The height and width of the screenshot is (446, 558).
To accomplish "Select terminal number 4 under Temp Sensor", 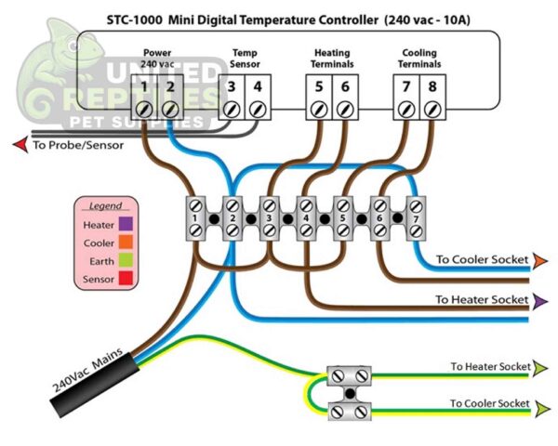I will point(258,88).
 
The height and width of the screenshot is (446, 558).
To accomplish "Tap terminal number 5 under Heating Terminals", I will point(318,88).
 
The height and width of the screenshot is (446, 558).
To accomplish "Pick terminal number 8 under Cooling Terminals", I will point(432,88).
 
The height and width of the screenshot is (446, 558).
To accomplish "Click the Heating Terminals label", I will point(331,59).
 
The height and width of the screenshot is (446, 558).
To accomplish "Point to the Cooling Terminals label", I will point(418,59).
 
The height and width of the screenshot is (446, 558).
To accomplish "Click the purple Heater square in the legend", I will point(125,225).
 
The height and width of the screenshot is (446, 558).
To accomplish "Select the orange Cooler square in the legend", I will point(125,243).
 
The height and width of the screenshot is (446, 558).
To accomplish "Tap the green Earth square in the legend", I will point(125,261).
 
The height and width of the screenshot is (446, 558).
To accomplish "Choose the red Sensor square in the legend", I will point(125,279).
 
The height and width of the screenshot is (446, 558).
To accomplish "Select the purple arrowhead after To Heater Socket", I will point(540,301).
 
